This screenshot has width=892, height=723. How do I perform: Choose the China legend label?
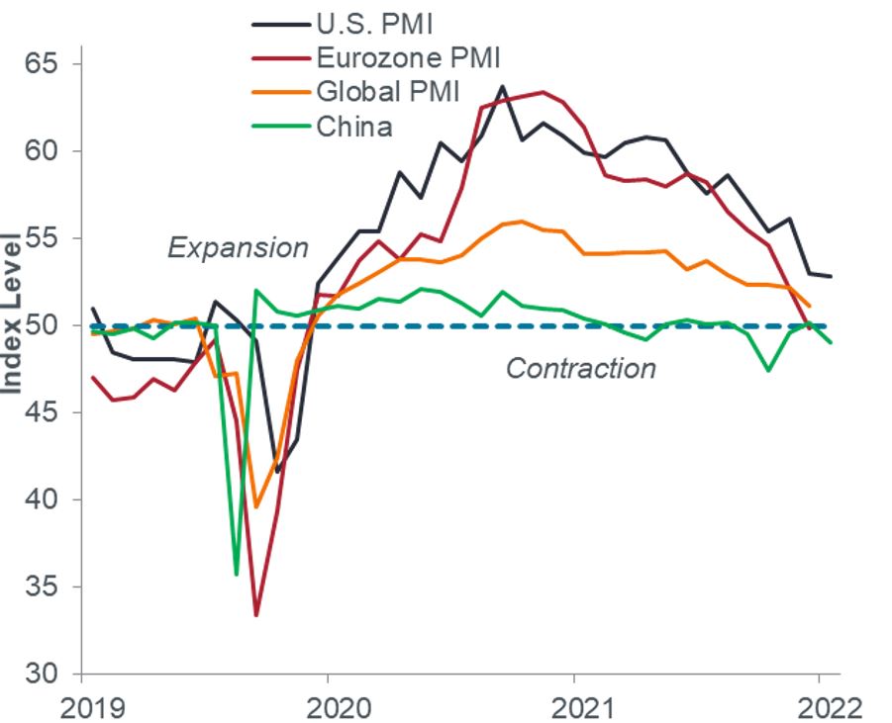pos(354,127)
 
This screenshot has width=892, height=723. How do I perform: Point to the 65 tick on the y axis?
pos(39,64)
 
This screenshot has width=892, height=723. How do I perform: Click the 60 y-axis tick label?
pos(39,151)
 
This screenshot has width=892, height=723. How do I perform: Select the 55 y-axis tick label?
pos(39,238)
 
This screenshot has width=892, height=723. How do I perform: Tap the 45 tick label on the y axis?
pos(39,412)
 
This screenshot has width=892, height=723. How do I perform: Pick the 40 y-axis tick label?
pos(39,499)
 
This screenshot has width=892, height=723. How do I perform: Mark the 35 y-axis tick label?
pos(39,587)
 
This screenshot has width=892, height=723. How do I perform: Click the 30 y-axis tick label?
pos(39,674)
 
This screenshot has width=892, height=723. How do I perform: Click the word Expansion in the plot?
pos(238,247)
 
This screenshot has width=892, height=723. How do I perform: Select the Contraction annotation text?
pos(581,369)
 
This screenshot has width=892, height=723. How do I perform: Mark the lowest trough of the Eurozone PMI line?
pos(256,615)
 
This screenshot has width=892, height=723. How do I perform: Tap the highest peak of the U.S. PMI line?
pos(502,86)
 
